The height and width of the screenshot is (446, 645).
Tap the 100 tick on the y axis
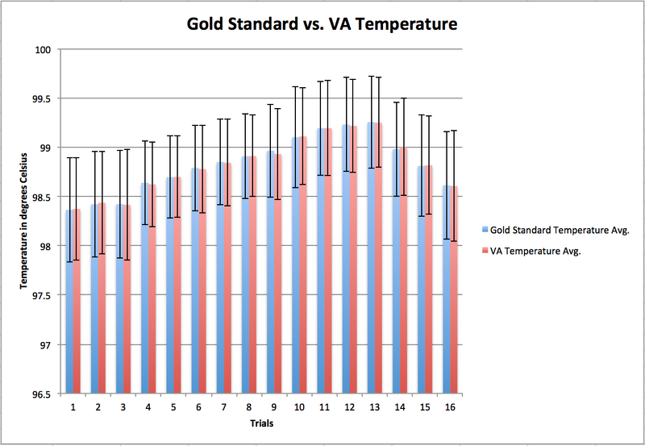44,50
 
